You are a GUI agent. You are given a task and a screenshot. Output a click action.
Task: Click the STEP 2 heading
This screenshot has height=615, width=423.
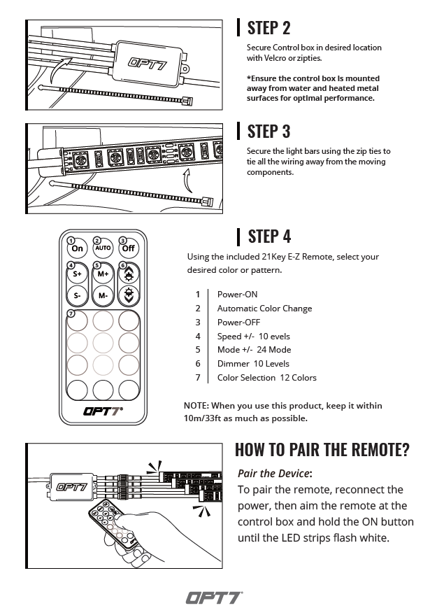(x=268, y=28)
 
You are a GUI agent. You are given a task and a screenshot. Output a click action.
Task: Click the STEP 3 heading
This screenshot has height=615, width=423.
(x=268, y=131)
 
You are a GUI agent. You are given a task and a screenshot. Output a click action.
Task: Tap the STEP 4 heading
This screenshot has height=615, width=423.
(x=269, y=236)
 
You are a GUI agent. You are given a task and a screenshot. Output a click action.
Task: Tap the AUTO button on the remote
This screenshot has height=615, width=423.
(x=103, y=248)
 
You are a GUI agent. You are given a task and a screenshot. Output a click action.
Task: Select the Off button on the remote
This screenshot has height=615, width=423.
(x=128, y=248)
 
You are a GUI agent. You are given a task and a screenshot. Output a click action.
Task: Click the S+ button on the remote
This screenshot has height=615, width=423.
(x=78, y=274)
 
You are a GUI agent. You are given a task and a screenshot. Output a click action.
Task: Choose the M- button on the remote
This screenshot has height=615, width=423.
(x=103, y=295)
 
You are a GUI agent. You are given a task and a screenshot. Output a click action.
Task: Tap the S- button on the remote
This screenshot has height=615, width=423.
(x=78, y=295)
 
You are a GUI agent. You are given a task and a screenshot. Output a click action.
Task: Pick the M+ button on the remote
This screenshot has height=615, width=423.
(x=103, y=274)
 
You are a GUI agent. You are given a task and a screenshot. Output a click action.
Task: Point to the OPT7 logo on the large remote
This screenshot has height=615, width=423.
(x=103, y=409)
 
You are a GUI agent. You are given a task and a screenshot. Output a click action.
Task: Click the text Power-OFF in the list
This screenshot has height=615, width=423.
(x=238, y=322)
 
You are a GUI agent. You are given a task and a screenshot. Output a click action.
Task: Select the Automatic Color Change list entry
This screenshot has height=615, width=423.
(x=264, y=308)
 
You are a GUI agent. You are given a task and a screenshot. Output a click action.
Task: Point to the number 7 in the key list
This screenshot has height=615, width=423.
(x=198, y=377)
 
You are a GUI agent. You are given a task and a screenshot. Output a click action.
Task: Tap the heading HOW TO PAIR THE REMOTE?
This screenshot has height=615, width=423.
(x=322, y=449)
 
